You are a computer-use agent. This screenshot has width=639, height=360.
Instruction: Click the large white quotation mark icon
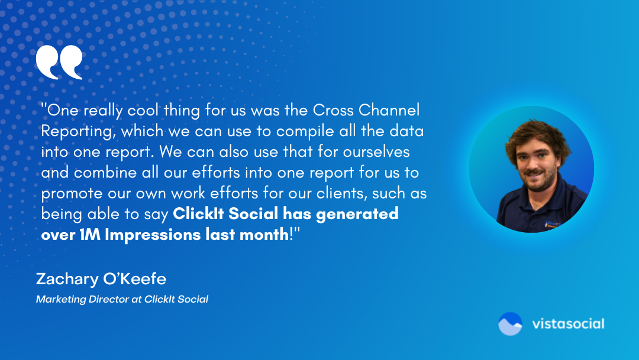pyautogui.click(x=59, y=63)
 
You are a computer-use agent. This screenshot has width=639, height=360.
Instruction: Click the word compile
pyautogui.click(x=317, y=131)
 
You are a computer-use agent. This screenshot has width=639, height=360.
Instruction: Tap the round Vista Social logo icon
pyautogui.click(x=510, y=324)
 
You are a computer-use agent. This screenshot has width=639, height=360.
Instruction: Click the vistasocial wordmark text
pyautogui.click(x=567, y=324)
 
